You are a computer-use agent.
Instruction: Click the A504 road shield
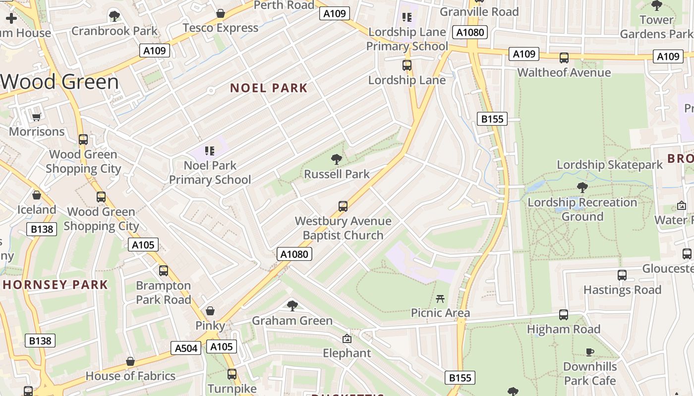pyautogui.click(x=186, y=348)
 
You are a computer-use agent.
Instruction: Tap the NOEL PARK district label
pyautogui.click(x=269, y=88)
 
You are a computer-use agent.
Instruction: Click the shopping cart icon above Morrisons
pyautogui.click(x=36, y=117)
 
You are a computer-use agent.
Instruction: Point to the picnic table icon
pyautogui.click(x=440, y=298)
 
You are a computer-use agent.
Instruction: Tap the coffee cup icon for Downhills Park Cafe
pyautogui.click(x=589, y=352)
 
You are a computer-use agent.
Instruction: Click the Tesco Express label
pyautogui.click(x=221, y=28)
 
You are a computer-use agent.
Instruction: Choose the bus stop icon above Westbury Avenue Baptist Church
pyautogui.click(x=343, y=206)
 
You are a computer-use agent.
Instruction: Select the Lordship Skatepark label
pyautogui.click(x=610, y=165)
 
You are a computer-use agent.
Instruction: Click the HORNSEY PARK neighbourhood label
pyautogui.click(x=56, y=285)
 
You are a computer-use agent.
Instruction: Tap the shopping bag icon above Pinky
pyautogui.click(x=210, y=311)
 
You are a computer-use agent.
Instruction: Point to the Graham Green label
pyautogui.click(x=292, y=321)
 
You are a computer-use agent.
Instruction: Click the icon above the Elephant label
pyautogui.click(x=347, y=339)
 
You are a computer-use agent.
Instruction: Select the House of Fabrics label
pyautogui.click(x=130, y=376)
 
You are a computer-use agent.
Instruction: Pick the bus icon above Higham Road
pyautogui.click(x=564, y=315)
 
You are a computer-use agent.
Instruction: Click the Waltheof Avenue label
pyautogui.click(x=564, y=73)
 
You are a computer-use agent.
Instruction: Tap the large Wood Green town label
pyautogui.click(x=59, y=82)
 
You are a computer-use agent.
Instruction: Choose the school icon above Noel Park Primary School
pyautogui.click(x=210, y=150)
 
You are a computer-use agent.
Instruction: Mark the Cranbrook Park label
pyautogui.click(x=115, y=31)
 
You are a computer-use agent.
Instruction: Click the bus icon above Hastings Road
pyautogui.click(x=622, y=275)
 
